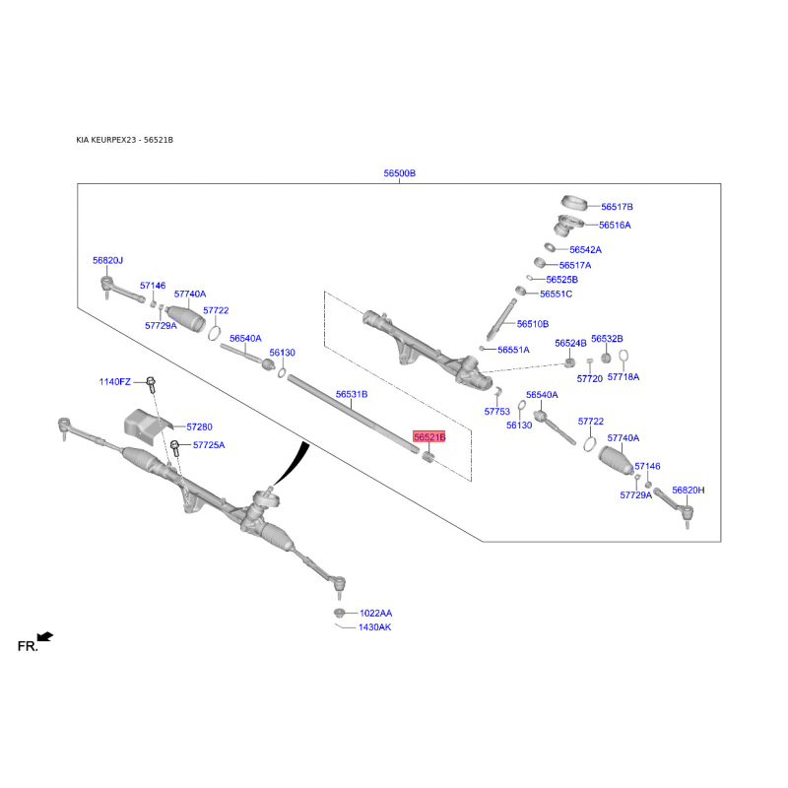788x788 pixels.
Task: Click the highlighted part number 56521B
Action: pyautogui.click(x=429, y=436)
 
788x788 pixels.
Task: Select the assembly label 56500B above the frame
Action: pyautogui.click(x=400, y=173)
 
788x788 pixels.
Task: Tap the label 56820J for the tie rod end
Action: pyautogui.click(x=107, y=260)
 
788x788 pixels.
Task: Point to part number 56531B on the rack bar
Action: pyautogui.click(x=351, y=394)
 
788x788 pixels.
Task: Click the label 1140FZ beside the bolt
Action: pyautogui.click(x=114, y=381)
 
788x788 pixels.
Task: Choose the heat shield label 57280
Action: pyautogui.click(x=199, y=427)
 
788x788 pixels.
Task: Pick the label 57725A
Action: pyautogui.click(x=209, y=445)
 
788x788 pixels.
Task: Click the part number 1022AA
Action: pyautogui.click(x=375, y=613)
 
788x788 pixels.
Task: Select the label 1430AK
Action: pyautogui.click(x=374, y=627)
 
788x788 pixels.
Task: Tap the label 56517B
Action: pyautogui.click(x=617, y=207)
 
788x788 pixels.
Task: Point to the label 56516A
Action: pyautogui.click(x=614, y=226)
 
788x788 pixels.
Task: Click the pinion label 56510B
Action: pyautogui.click(x=532, y=324)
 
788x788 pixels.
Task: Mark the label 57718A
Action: pyautogui.click(x=623, y=377)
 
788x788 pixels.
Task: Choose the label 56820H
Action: pyautogui.click(x=689, y=490)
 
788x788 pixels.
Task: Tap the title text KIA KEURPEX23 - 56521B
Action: pyautogui.click(x=124, y=141)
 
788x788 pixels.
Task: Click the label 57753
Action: pyautogui.click(x=497, y=412)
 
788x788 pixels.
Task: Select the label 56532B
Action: pyautogui.click(x=607, y=339)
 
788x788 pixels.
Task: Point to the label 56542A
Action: pyautogui.click(x=584, y=250)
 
